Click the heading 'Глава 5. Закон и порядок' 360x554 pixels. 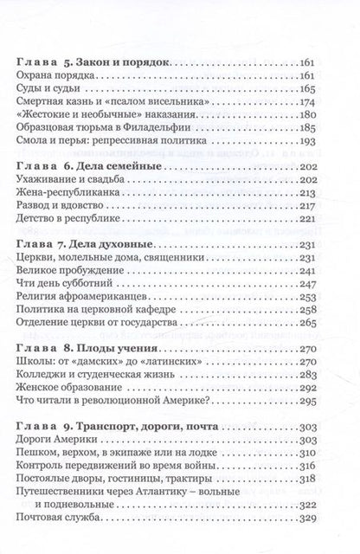click(95, 64)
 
